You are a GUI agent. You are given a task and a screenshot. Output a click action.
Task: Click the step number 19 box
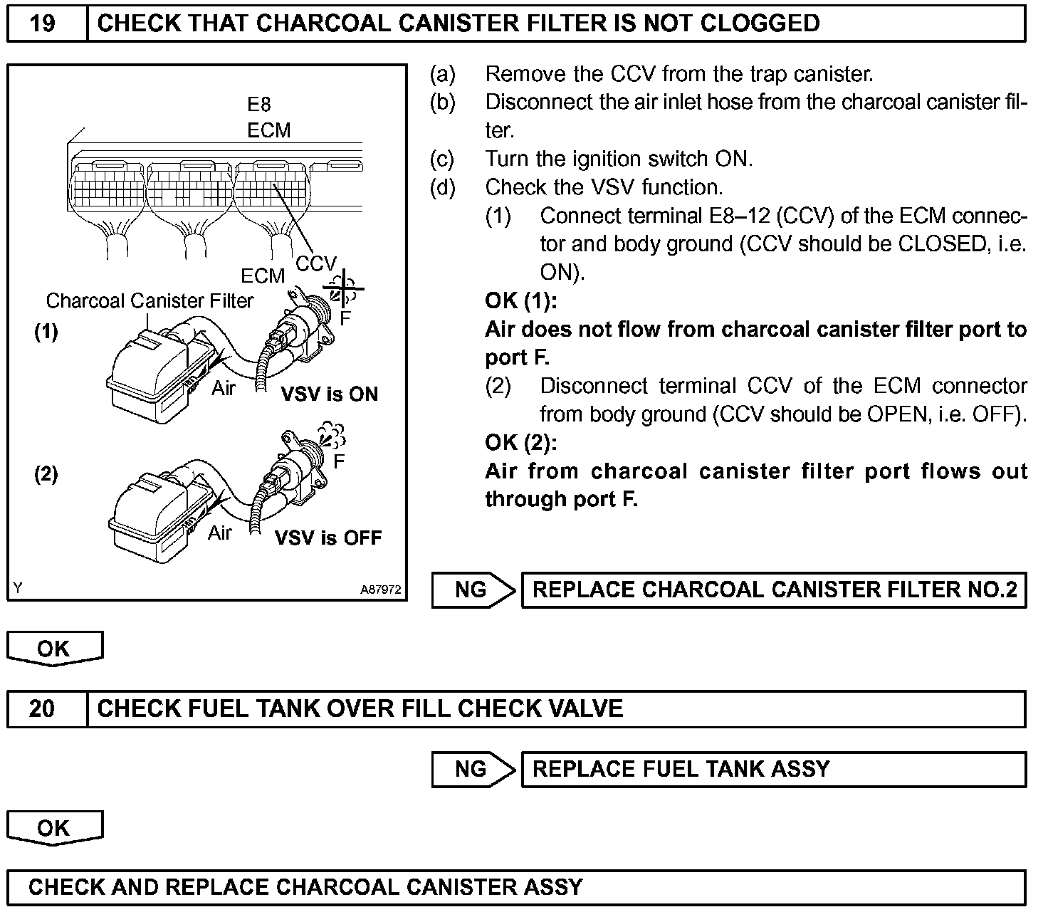point(44,23)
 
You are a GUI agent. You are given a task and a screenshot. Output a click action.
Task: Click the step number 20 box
point(44,709)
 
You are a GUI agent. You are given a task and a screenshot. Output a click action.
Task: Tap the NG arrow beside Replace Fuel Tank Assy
point(473,770)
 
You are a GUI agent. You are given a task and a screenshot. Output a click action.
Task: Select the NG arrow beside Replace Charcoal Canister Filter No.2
point(473,590)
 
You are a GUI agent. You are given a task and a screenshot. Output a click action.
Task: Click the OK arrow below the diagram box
point(55,649)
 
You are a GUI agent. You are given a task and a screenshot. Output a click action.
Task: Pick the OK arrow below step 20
point(55,828)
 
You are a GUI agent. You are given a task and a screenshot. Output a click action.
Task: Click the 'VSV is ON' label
point(330,394)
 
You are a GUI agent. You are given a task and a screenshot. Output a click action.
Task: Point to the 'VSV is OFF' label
point(328,538)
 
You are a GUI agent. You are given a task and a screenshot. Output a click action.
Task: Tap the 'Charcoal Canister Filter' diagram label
point(150,301)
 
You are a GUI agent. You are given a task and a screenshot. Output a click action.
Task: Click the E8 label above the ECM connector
point(259,105)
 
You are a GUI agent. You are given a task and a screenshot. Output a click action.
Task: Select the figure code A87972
point(381,589)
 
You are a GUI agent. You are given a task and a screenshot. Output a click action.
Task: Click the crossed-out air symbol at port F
point(345,289)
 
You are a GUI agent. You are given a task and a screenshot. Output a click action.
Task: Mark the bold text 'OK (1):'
point(521,301)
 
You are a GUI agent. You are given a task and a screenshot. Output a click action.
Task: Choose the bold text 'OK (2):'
point(521,443)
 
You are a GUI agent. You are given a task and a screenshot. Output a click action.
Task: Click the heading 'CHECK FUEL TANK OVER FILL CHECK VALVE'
point(360,709)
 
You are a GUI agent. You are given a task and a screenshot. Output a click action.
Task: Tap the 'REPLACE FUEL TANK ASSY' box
point(773,770)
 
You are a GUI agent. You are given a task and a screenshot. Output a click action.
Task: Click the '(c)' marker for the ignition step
point(442,159)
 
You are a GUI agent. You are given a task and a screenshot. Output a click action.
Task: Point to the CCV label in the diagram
point(315,264)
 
